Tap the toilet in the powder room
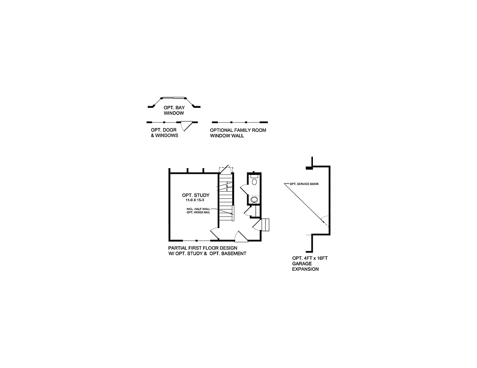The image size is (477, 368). click(x=254, y=181)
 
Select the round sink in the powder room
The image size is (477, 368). click(x=254, y=199)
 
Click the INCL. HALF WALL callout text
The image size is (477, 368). click(x=198, y=209)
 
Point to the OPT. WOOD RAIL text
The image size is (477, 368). click(x=198, y=213)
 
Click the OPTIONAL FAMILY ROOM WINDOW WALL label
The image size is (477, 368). click(x=238, y=133)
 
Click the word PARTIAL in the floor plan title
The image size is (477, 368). click(x=179, y=248)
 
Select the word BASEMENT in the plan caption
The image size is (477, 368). click(x=233, y=253)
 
